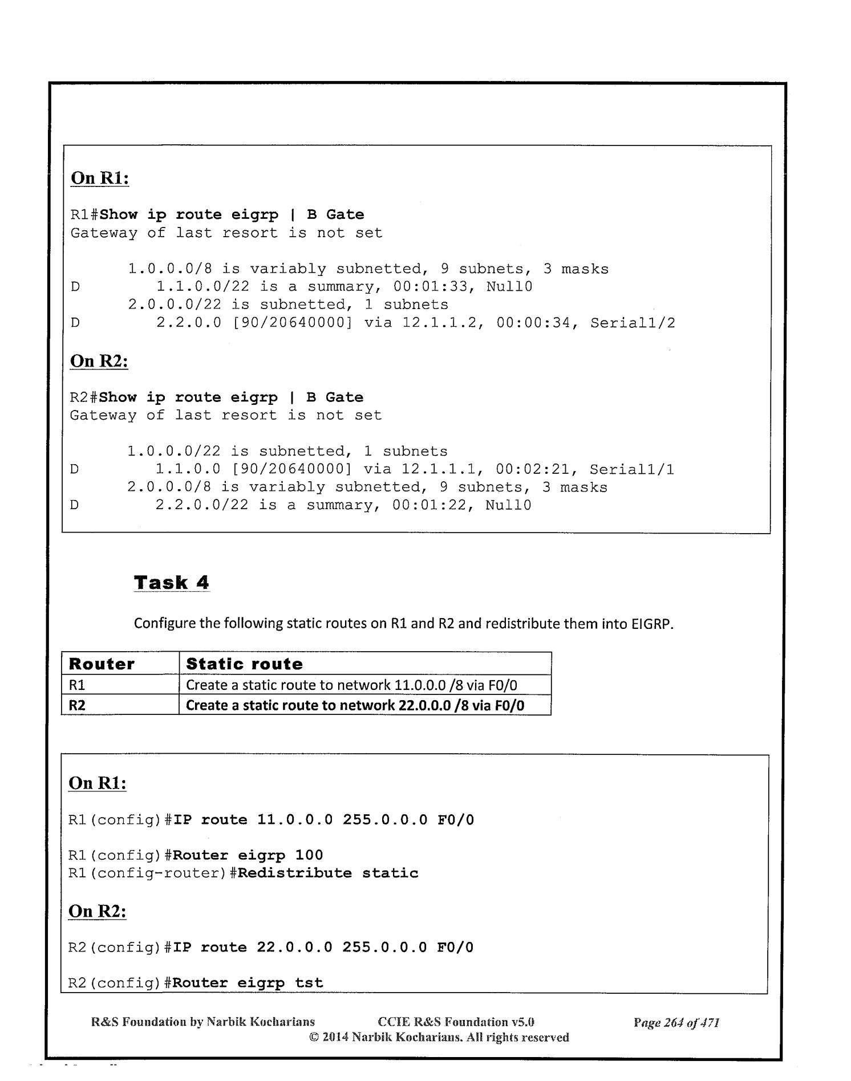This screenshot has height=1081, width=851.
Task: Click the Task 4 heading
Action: coord(171,583)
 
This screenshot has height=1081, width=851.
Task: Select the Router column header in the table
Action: coord(102,664)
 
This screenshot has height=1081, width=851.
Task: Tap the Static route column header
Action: coord(244,664)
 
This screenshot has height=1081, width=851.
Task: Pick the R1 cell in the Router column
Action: coord(77,685)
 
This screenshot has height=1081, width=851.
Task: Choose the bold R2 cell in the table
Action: coord(77,705)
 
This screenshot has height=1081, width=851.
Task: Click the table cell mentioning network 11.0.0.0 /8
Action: coord(351,685)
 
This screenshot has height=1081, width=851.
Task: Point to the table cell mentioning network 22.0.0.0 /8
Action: coord(355,705)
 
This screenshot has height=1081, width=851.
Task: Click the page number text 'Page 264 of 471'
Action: coord(676,1022)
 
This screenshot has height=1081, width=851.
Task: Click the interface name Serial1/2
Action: coord(633,323)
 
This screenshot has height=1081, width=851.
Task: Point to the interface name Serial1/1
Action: coord(631,470)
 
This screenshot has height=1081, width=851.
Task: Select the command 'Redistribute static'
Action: coord(328,873)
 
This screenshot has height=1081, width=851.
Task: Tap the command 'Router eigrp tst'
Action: coord(248,983)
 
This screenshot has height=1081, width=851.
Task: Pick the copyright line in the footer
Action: coord(439,1037)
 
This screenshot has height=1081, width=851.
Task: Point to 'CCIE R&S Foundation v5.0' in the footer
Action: coord(456,1022)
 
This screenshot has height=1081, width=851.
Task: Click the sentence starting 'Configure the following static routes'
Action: coord(404,623)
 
